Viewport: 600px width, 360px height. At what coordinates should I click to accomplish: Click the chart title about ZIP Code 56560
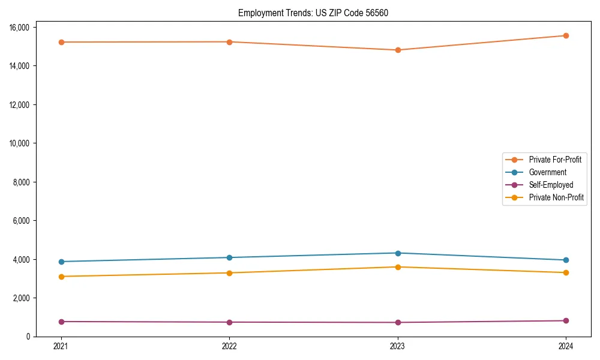[313, 13]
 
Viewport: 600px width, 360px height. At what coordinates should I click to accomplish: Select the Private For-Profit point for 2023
[397, 50]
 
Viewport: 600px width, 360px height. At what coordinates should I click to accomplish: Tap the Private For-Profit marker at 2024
[566, 35]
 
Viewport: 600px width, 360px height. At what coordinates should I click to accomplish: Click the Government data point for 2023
[397, 253]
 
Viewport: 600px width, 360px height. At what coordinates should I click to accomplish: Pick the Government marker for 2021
[61, 262]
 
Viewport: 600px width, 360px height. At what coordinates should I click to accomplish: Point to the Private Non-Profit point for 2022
[229, 273]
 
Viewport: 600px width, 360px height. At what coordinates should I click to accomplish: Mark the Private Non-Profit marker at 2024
[566, 272]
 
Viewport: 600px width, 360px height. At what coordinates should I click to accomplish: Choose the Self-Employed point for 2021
[61, 322]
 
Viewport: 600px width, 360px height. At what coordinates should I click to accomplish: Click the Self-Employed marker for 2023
[397, 322]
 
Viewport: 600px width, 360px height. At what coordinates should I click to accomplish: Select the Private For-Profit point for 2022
[229, 42]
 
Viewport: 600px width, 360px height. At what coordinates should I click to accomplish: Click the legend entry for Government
[547, 172]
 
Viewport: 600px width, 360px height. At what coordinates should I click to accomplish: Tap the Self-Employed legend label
[551, 185]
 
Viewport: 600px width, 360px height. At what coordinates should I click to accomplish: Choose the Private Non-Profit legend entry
[556, 197]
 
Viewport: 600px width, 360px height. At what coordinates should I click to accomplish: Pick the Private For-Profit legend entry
[555, 160]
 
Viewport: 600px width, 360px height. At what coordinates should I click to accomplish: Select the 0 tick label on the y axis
[29, 337]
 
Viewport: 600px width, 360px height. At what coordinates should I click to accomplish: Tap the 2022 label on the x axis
[229, 346]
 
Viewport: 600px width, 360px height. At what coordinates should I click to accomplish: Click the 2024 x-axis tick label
[566, 346]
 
